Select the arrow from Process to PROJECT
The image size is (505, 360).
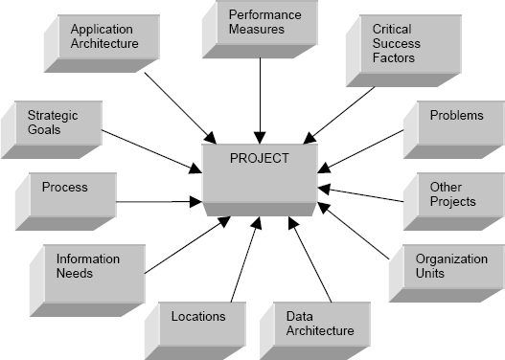coord(158,202)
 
